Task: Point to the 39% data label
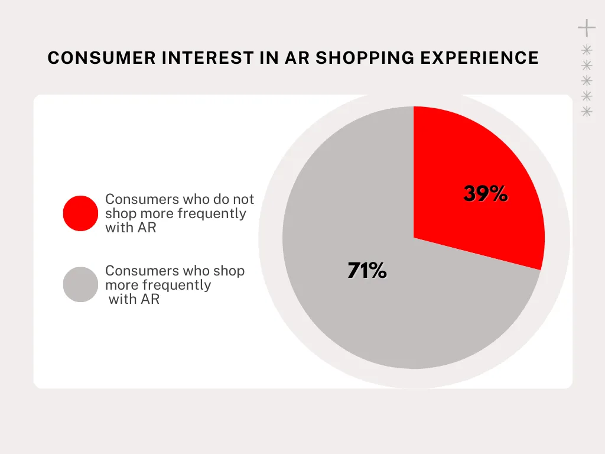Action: (x=486, y=193)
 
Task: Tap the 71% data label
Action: (x=367, y=270)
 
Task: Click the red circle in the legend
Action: (x=80, y=213)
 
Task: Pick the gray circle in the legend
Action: (x=80, y=284)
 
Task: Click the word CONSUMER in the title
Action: (x=102, y=58)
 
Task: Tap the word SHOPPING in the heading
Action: (x=365, y=58)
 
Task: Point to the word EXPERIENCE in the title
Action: (x=479, y=58)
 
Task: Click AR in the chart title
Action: (x=297, y=58)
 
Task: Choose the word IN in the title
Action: (x=269, y=58)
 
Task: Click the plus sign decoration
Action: (x=587, y=28)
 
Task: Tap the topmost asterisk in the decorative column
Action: (x=587, y=50)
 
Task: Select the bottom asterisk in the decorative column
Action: (x=587, y=112)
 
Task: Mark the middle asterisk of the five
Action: (x=587, y=80)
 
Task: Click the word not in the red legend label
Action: (x=243, y=199)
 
